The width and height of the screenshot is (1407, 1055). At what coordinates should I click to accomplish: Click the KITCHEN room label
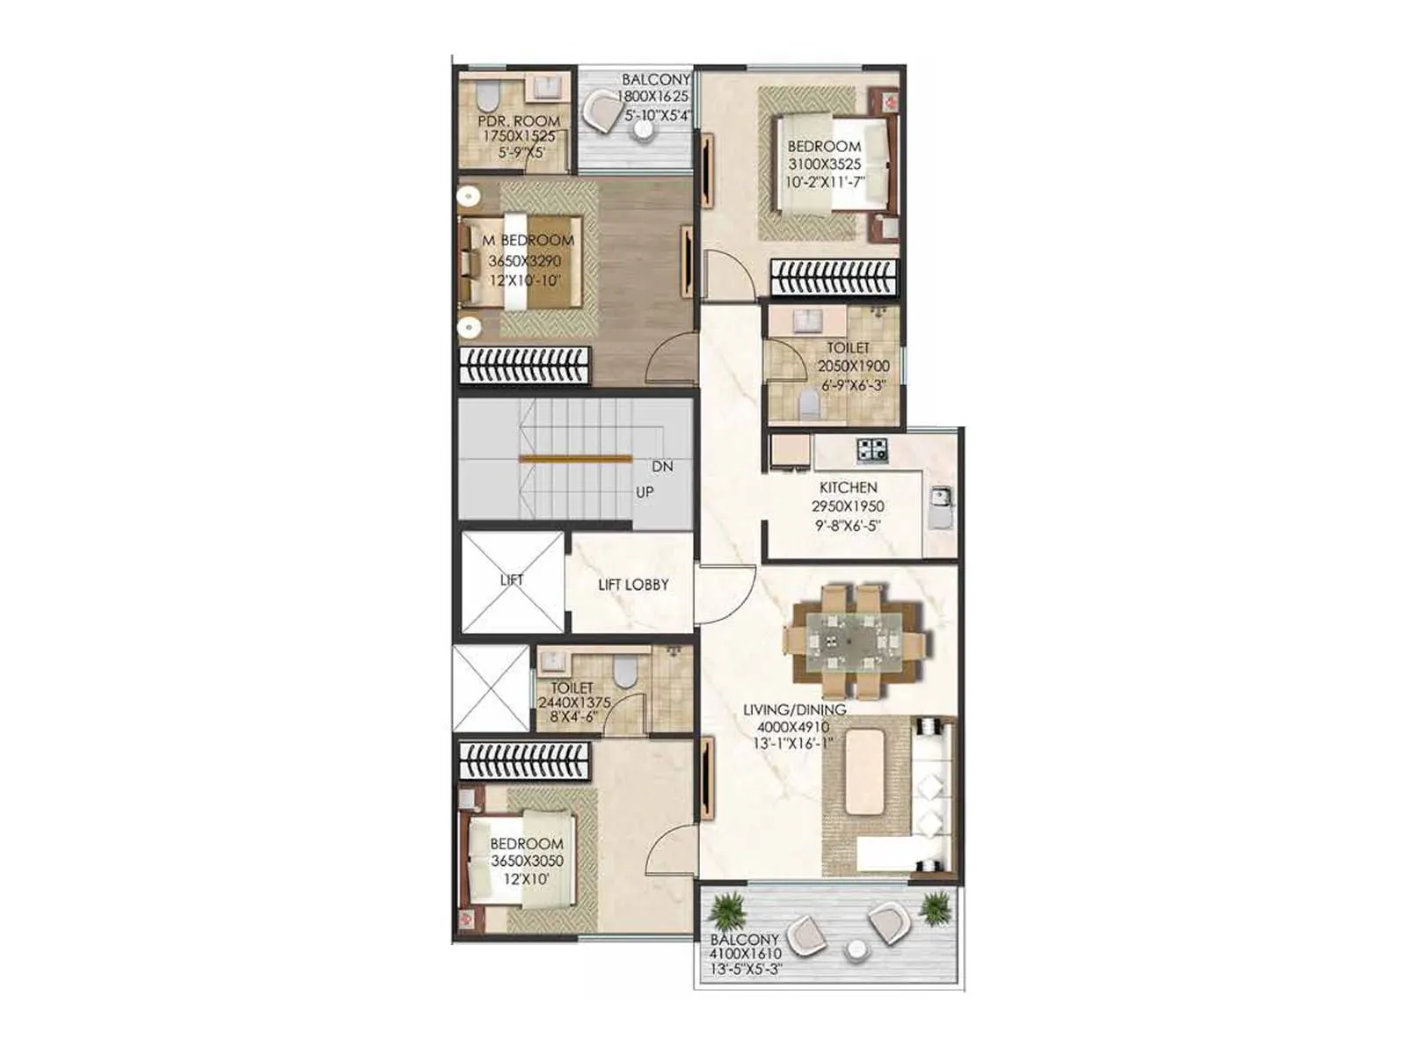coord(848,487)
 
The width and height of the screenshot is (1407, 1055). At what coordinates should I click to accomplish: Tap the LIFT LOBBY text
coord(633,585)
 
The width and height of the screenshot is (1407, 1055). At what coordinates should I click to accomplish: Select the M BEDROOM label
coord(528,240)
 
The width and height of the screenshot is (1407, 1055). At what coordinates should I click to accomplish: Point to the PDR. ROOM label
coord(519,120)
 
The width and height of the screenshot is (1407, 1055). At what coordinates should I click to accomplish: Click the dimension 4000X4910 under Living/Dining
coord(792,727)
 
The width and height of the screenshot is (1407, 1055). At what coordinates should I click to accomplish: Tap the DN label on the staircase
coord(662,467)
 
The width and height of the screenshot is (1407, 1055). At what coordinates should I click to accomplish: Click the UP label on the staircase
coord(645,492)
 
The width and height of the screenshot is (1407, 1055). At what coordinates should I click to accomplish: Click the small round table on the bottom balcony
coord(856,951)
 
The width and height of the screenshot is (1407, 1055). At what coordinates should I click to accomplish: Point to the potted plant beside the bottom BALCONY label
coord(727,911)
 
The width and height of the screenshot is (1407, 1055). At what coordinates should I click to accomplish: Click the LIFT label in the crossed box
coord(512,579)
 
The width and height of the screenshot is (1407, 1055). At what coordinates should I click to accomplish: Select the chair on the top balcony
coord(604,112)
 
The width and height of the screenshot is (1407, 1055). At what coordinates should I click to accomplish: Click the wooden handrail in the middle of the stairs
coord(575,458)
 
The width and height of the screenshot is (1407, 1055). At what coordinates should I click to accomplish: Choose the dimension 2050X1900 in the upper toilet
coord(853,366)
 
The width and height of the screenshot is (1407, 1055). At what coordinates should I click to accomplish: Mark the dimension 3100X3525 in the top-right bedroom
coord(824,164)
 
